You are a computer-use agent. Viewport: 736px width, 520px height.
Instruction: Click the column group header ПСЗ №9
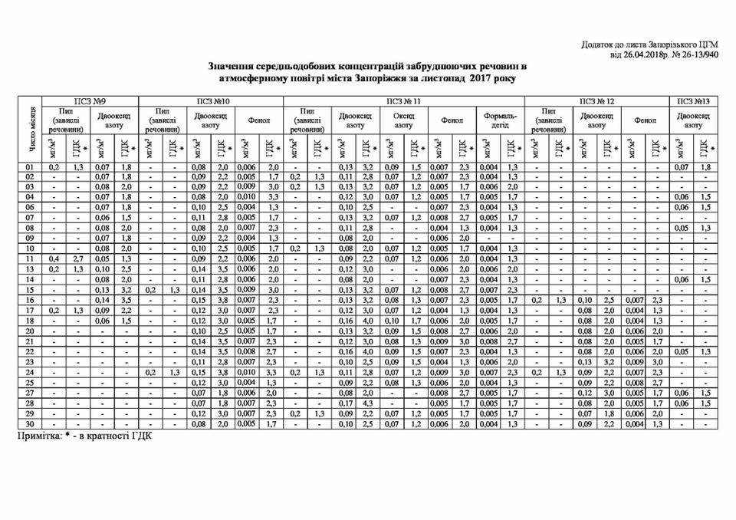pyautogui.click(x=90, y=101)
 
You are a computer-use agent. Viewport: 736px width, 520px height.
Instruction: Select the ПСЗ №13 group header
pyautogui.click(x=693, y=101)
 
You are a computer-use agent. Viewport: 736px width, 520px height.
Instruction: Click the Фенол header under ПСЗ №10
pyautogui.click(x=258, y=120)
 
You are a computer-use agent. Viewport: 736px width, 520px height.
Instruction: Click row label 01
pyautogui.click(x=31, y=167)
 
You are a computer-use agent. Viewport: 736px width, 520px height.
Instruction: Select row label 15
pyautogui.click(x=31, y=291)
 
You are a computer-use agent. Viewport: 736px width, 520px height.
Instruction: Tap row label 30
pyautogui.click(x=31, y=423)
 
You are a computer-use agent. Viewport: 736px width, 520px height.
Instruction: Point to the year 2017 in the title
pyautogui.click(x=481, y=78)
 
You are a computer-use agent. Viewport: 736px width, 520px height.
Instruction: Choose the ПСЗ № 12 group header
pyautogui.click(x=597, y=101)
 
